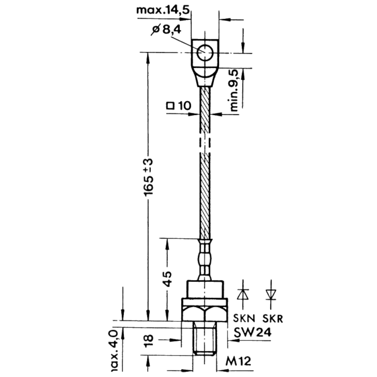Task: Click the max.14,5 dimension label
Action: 163,10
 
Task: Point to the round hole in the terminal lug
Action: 205,53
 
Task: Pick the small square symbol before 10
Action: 170,106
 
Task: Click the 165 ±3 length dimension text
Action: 148,177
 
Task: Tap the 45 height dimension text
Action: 167,279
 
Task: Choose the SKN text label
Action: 244,319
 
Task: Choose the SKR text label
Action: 273,319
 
